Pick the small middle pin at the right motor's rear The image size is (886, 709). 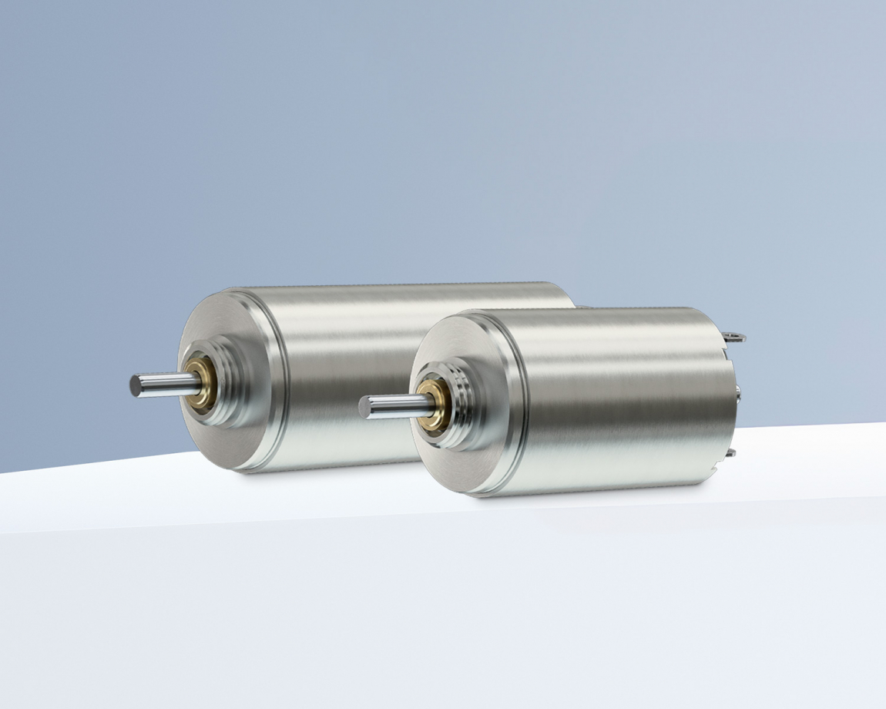click(x=738, y=393)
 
